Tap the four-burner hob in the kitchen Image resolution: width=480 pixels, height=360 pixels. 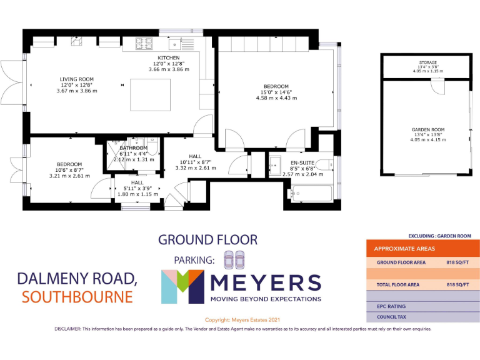point(144,43)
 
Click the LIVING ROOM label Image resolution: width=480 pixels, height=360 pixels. point(76,79)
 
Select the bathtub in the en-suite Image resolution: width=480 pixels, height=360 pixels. point(309,196)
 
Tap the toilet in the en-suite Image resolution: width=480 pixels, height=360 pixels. point(322,164)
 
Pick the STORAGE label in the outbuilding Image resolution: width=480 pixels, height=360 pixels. point(428,63)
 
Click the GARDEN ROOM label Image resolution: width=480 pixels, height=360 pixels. point(428,130)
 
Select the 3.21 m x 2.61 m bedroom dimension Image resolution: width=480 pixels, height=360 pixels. point(69,176)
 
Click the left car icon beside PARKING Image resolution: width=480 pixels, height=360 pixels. point(229,259)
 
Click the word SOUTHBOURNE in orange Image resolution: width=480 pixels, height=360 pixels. point(77,297)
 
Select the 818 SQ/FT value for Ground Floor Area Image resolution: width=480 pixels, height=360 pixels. point(458,262)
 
